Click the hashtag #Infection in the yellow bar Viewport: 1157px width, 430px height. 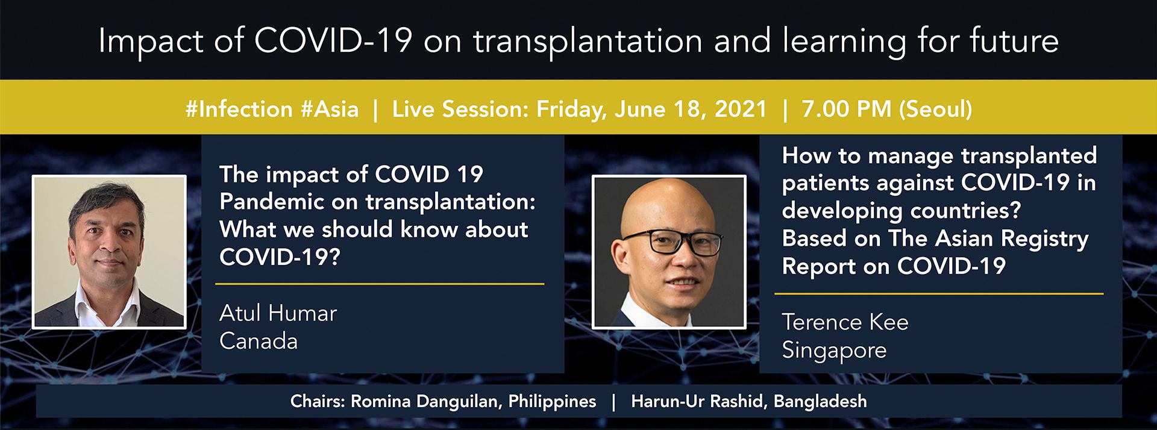[239, 109]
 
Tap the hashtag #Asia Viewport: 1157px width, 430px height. [330, 109]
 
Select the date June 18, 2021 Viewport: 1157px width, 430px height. [691, 109]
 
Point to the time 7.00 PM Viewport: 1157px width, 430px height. [846, 109]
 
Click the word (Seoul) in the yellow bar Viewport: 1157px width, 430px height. [935, 109]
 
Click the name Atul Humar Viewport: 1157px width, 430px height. [278, 313]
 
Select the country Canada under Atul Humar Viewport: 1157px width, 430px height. [259, 341]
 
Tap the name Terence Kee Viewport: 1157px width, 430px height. [845, 322]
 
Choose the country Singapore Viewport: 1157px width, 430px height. [834, 351]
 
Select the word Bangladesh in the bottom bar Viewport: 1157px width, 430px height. [820, 402]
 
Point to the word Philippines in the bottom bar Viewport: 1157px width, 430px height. [552, 402]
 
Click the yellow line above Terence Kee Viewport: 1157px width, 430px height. [939, 294]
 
